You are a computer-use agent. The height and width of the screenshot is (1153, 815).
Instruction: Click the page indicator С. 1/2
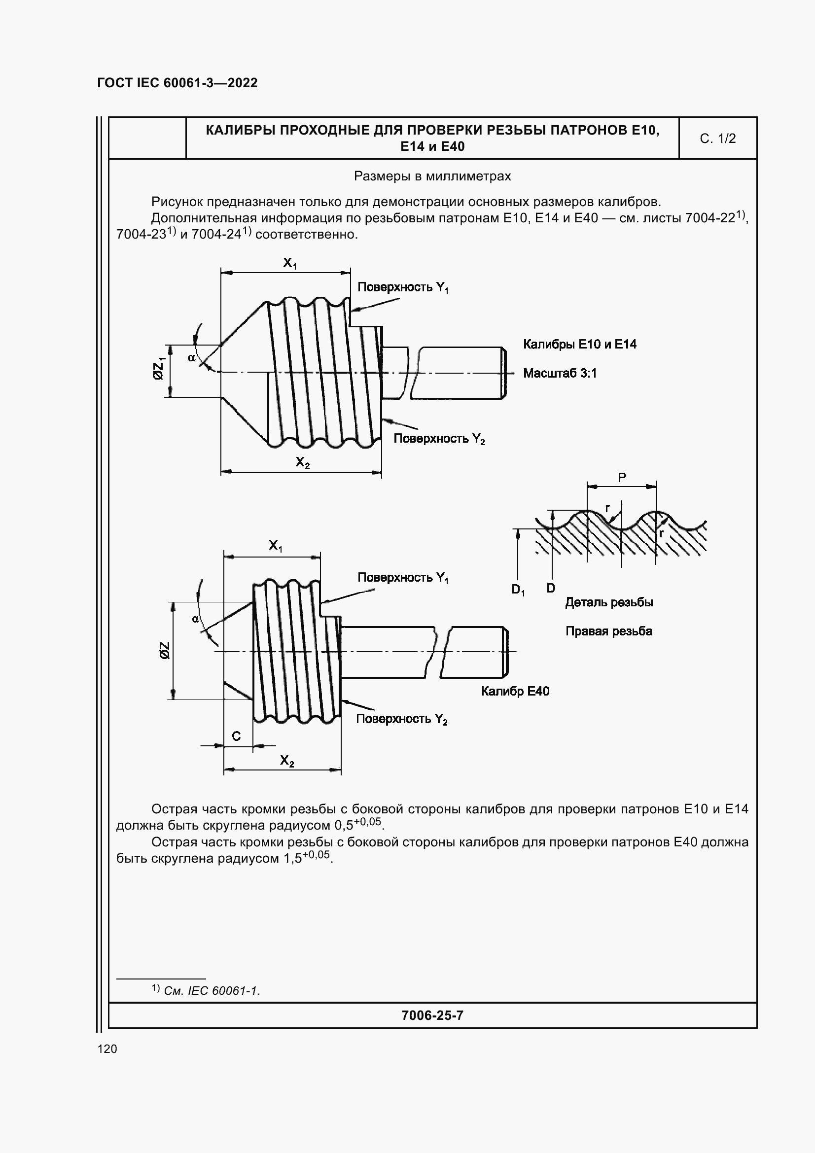tap(717, 139)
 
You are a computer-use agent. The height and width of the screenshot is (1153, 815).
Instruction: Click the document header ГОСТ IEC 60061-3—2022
tap(177, 83)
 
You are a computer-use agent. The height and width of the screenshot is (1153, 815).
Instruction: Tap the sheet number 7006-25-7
tap(432, 1015)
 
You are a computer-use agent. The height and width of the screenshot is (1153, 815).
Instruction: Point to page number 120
tap(107, 1048)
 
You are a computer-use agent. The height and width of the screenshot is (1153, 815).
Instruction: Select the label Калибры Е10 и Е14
tap(579, 344)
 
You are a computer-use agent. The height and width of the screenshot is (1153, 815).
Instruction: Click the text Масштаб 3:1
tap(560, 373)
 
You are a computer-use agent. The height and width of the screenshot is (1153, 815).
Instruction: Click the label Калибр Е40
tap(515, 691)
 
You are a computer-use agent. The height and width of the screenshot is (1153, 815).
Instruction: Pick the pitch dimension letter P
tap(622, 477)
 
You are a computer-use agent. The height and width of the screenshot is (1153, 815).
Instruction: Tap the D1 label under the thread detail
tap(518, 590)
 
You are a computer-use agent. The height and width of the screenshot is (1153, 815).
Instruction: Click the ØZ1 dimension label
tap(159, 368)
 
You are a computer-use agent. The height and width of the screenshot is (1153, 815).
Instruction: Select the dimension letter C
tap(236, 736)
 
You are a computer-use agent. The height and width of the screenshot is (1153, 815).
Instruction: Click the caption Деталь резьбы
tap(608, 602)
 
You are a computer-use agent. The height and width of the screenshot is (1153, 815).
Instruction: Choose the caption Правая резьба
tap(608, 631)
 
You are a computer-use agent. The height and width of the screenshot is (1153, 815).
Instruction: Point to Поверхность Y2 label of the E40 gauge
tap(401, 719)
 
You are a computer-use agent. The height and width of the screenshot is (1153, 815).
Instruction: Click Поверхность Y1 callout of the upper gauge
tap(403, 287)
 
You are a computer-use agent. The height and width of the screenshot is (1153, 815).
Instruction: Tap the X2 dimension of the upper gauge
tap(302, 462)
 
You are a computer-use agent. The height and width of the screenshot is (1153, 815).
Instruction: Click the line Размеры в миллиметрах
tap(432, 176)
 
